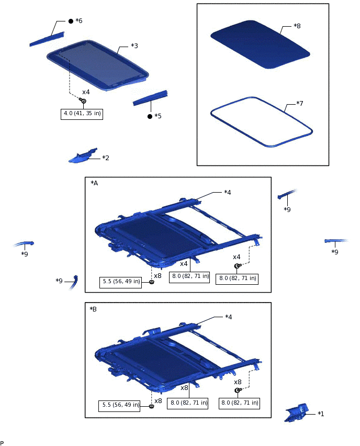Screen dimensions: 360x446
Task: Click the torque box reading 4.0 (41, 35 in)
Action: [82, 114]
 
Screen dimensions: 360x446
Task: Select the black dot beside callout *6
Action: [71, 21]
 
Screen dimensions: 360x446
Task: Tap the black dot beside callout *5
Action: [150, 116]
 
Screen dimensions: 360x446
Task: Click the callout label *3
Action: [134, 46]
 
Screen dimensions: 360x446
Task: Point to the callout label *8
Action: [297, 26]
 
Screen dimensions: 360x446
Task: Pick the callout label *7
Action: [300, 103]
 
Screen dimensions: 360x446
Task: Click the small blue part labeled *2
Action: [83, 156]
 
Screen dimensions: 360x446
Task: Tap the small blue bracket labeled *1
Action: [297, 412]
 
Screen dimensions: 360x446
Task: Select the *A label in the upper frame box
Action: [94, 183]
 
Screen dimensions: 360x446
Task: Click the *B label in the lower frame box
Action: [93, 309]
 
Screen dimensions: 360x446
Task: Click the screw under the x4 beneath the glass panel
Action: [83, 101]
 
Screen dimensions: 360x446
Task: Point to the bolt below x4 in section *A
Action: [238, 266]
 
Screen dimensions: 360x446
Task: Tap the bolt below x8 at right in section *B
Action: [238, 391]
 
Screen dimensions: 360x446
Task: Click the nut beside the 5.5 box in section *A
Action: [152, 282]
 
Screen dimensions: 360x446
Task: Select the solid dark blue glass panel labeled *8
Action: [260, 44]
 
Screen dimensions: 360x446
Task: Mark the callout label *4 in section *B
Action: [228, 317]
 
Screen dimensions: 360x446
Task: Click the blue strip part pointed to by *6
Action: [47, 39]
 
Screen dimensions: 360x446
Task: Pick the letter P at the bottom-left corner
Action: [2, 443]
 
